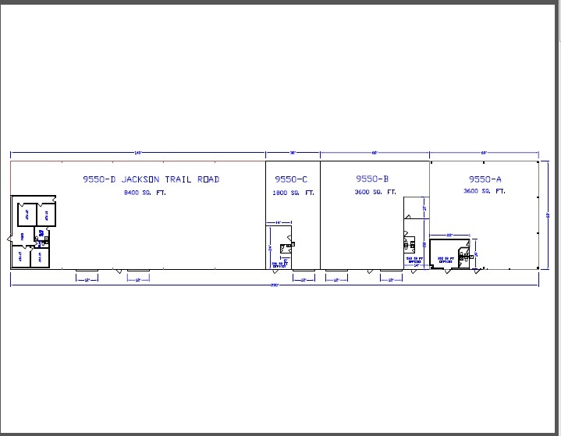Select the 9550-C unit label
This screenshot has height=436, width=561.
[x=293, y=179]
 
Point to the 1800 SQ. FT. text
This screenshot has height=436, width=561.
[x=293, y=192]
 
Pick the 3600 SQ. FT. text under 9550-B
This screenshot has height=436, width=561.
[x=375, y=192]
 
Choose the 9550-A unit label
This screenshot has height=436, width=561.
[x=485, y=179]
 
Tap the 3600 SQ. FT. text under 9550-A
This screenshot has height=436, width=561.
[x=485, y=192]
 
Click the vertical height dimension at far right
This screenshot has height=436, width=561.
[x=549, y=214]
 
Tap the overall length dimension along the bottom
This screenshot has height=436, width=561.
[x=275, y=285]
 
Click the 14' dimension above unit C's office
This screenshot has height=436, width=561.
[x=278, y=224]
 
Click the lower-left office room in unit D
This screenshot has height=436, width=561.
[x=20, y=256]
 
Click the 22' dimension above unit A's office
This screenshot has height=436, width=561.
[x=449, y=234]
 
